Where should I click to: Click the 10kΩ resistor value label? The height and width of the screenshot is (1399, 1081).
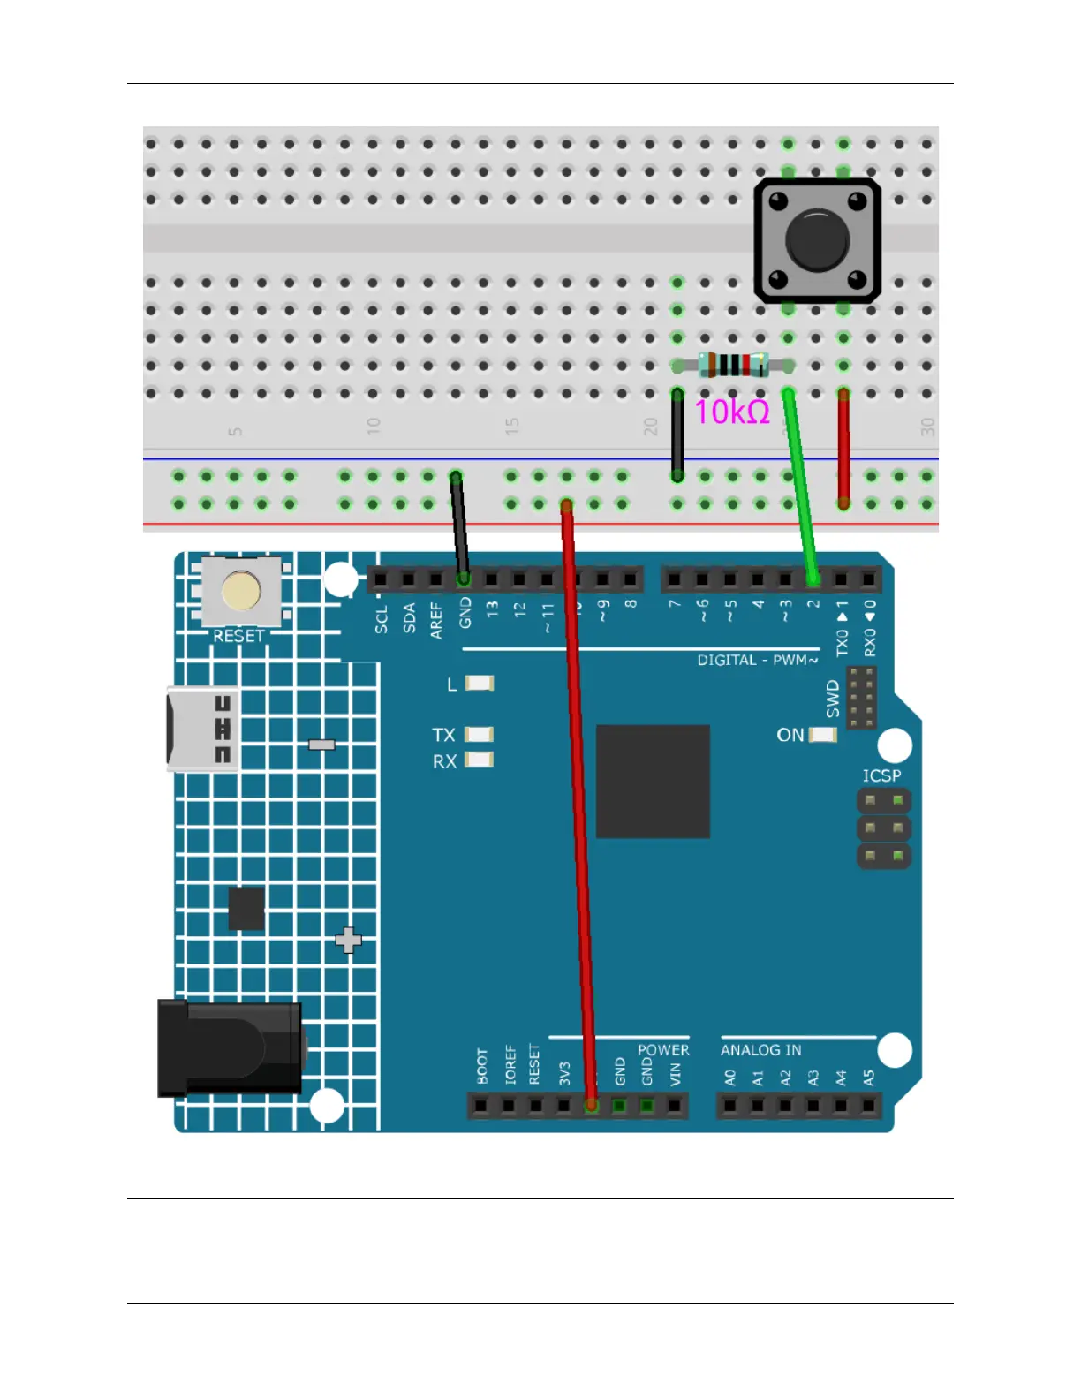click(731, 412)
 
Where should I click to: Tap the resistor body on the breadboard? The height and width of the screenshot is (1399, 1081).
click(733, 364)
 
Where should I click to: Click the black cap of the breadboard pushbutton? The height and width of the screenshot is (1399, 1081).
click(817, 240)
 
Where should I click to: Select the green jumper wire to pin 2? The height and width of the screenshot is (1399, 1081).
click(800, 486)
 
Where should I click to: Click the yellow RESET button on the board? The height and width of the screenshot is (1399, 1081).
click(241, 591)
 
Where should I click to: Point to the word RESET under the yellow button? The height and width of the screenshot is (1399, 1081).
click(238, 636)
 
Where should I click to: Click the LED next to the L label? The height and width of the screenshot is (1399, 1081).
click(480, 683)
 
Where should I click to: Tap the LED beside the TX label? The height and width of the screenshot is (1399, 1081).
click(480, 734)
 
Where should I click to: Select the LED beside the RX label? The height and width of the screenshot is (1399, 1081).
click(480, 760)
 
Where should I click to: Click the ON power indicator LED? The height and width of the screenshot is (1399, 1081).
click(823, 735)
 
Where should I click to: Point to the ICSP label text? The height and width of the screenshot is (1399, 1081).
click(881, 775)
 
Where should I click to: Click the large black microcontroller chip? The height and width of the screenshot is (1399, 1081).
click(653, 781)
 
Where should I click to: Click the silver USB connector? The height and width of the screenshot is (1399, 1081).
click(201, 730)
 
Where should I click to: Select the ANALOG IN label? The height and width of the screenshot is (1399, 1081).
click(760, 1050)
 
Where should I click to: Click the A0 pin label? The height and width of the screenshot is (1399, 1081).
click(730, 1078)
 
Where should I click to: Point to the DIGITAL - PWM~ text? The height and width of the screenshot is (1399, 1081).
click(757, 660)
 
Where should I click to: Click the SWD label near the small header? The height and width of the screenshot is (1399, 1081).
click(833, 698)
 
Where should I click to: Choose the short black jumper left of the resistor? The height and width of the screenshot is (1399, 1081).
click(677, 435)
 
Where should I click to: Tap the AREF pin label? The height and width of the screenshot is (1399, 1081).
click(436, 620)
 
